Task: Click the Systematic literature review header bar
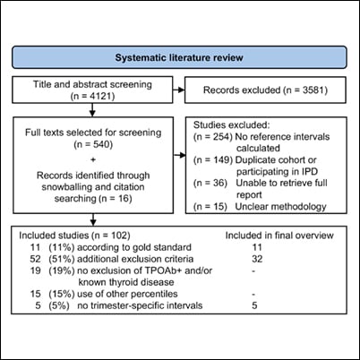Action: coord(179,58)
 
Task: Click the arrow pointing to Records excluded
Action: coord(177,90)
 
